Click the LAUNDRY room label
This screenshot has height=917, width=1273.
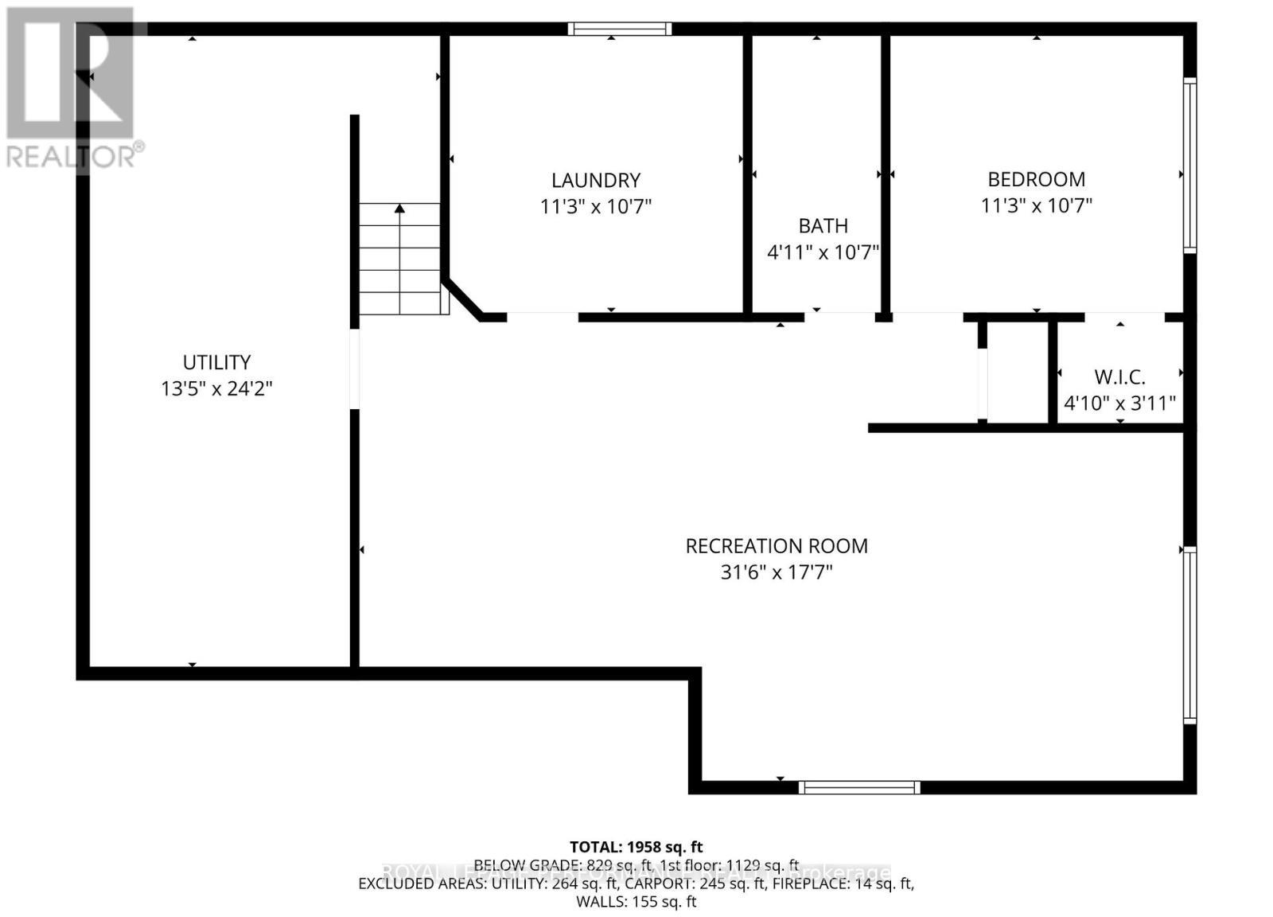click(x=596, y=180)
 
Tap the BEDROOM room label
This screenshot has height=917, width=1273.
click(x=1036, y=179)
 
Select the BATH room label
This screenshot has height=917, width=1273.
click(x=823, y=225)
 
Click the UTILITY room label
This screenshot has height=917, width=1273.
click(x=216, y=362)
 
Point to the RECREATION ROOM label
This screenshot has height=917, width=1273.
click(x=777, y=546)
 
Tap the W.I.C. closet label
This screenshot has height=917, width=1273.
click(x=1119, y=377)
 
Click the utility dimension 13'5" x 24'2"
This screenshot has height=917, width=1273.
click(x=216, y=388)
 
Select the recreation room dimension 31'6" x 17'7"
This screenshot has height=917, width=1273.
click(x=777, y=572)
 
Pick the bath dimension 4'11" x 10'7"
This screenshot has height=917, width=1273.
click(x=823, y=252)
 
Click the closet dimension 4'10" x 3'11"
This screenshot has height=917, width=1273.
click(x=1119, y=403)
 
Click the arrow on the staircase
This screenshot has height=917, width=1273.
click(x=399, y=209)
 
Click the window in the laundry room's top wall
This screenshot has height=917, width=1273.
click(x=620, y=29)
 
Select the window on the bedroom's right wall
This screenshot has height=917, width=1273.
click(x=1189, y=165)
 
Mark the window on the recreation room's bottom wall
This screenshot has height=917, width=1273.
click(x=859, y=787)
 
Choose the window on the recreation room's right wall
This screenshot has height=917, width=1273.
click(x=1189, y=634)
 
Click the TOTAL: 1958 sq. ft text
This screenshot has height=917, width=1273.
click(x=636, y=847)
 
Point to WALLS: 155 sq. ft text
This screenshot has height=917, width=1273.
click(x=636, y=902)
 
